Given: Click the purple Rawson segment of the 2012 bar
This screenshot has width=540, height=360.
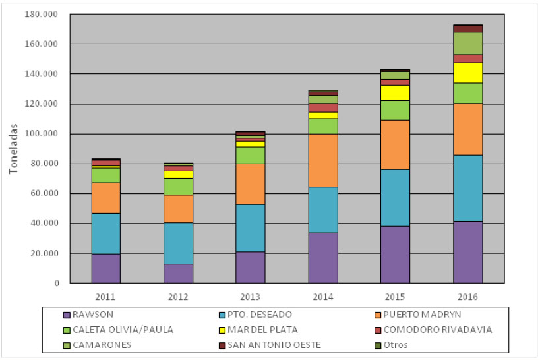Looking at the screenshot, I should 178,273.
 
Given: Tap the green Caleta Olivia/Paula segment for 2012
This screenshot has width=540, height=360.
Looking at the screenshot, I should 178,187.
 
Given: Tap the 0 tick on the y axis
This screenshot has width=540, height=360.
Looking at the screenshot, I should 57,284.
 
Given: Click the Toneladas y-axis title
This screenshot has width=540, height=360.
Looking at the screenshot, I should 13,148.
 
